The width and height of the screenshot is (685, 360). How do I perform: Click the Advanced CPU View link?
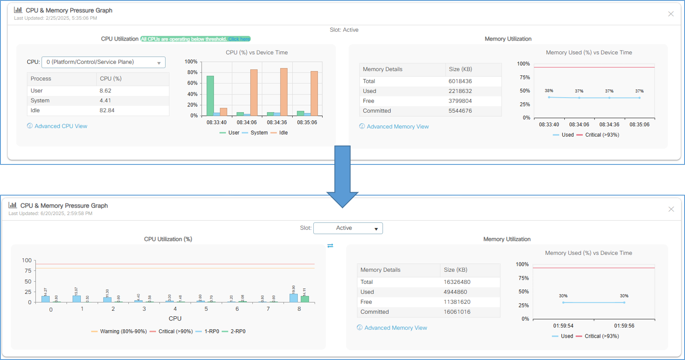coord(61,126)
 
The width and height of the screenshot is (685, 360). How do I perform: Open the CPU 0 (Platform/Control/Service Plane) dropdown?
coord(103,62)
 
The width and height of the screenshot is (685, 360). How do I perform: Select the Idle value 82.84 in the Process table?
coord(107,111)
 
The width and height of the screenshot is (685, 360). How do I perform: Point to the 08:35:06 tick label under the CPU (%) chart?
coord(307,122)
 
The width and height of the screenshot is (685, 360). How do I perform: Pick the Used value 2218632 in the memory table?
coord(460,91)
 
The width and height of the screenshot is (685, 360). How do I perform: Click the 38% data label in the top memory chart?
coord(549,91)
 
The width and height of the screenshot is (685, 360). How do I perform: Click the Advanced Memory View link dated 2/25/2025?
coord(397,127)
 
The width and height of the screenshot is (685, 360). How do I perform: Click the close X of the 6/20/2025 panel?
coord(671,209)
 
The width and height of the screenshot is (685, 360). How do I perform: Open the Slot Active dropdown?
coord(348,228)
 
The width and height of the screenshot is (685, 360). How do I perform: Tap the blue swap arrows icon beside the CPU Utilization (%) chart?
coord(330,246)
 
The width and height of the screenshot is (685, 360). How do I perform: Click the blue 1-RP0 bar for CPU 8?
coord(294,298)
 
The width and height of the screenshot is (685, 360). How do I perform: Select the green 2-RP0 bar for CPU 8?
coord(305,299)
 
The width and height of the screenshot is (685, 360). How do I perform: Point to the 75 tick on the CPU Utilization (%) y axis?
coord(28,271)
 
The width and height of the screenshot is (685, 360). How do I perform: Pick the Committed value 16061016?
coord(457,312)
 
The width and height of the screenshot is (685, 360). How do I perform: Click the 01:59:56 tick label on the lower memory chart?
coord(624,326)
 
